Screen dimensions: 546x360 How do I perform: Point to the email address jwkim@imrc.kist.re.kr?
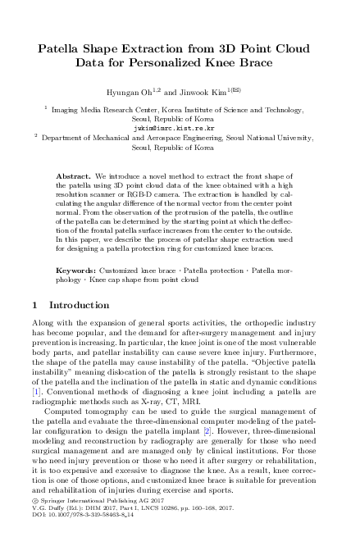pyautogui.click(x=180, y=128)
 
